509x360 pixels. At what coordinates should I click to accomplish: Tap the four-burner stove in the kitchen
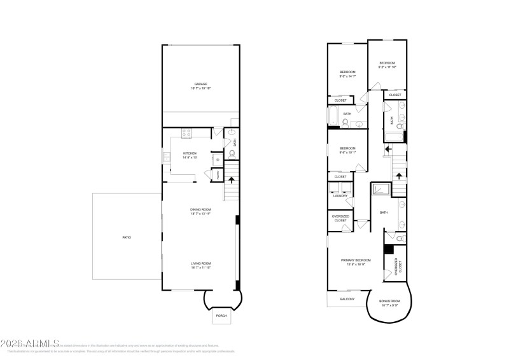pyautogui.click(x=187, y=134)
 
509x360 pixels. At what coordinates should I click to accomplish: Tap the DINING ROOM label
pyautogui.click(x=200, y=209)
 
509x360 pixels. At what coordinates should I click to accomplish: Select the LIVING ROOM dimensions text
pyautogui.click(x=200, y=268)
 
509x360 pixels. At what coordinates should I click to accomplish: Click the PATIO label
pyautogui.click(x=127, y=237)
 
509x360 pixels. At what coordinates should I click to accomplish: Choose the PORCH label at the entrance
pyautogui.click(x=221, y=315)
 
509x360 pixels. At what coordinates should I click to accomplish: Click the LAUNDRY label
pyautogui.click(x=340, y=196)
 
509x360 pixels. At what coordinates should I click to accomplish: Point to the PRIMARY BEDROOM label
pyautogui.click(x=356, y=260)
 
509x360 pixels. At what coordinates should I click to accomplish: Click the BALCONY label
pyautogui.click(x=347, y=299)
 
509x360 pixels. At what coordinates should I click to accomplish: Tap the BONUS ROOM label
pyautogui.click(x=389, y=301)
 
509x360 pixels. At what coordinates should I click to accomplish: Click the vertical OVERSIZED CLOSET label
pyautogui.click(x=399, y=266)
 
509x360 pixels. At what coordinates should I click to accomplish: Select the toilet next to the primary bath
pyautogui.click(x=400, y=238)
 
